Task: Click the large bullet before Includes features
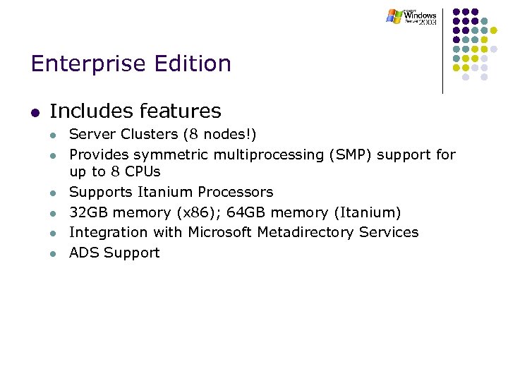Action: (x=35, y=112)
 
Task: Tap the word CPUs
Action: (x=143, y=171)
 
